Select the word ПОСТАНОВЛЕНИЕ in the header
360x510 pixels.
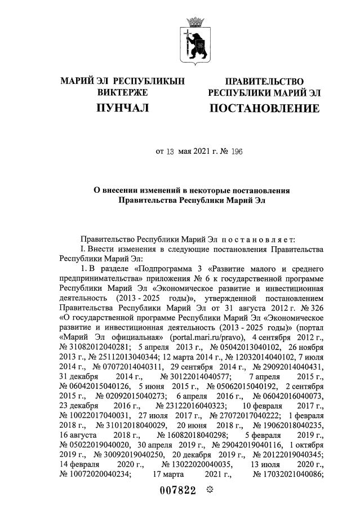tap(264, 107)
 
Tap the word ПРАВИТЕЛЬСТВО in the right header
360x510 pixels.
tap(264, 82)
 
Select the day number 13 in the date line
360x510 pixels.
tap(170, 151)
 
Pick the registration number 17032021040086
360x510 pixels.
tap(287, 474)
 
